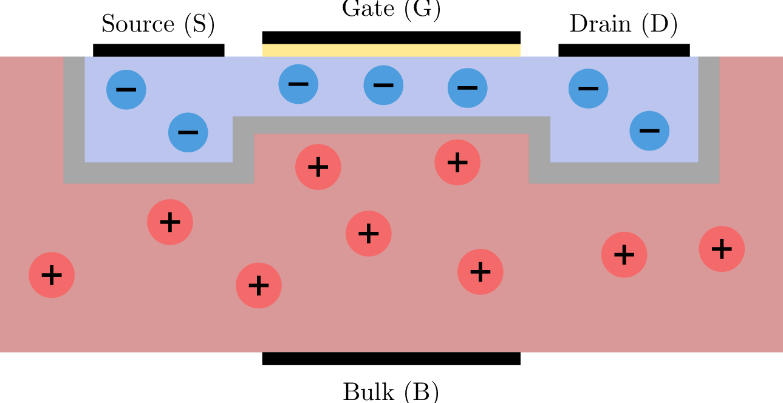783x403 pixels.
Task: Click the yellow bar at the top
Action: (391, 50)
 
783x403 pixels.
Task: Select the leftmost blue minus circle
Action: (126, 90)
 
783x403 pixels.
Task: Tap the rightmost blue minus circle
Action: (649, 130)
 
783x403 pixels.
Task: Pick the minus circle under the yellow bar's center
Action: (383, 85)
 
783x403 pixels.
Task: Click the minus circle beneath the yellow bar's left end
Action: (298, 84)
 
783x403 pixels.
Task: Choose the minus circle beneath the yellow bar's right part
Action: (467, 88)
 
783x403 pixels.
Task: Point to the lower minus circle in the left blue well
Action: (188, 132)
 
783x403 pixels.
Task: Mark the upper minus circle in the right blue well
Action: (588, 89)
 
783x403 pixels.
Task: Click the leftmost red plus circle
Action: (52, 275)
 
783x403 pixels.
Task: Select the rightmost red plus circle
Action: (722, 249)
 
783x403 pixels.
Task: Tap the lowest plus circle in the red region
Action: (259, 285)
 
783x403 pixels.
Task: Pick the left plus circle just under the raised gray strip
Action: (318, 167)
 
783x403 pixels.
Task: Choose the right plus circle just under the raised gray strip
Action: (457, 163)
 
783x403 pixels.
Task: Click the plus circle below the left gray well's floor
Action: (170, 222)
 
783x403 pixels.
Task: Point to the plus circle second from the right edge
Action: (624, 255)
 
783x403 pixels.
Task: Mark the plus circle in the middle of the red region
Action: (369, 234)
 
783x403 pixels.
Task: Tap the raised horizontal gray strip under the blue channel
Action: (391, 125)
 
